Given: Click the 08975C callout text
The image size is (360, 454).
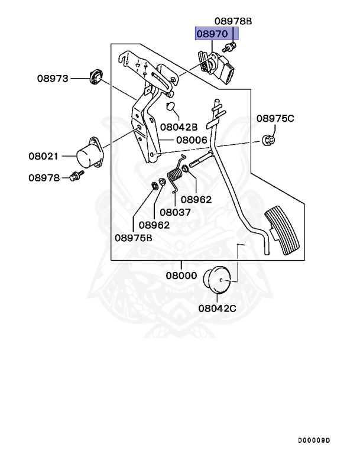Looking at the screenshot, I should point(275,119).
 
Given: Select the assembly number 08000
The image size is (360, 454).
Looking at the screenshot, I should point(182,275).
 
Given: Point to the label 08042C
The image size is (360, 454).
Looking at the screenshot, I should point(217,308).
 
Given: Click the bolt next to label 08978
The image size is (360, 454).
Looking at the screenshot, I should point(75,176).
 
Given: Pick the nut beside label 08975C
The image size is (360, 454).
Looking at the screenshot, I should point(267,141).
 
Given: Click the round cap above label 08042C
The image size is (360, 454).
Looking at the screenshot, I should point(216,279).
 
